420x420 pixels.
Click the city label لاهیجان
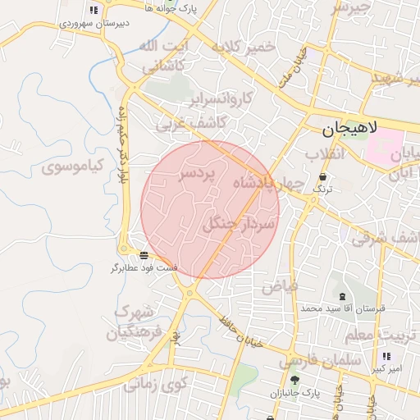pyautogui.click(x=348, y=129)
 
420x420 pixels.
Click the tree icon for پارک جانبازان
pyautogui.click(x=294, y=379)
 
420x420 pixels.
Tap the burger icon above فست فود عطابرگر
pyautogui.click(x=144, y=255)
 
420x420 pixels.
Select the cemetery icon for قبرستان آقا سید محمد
pyautogui.click(x=341, y=296)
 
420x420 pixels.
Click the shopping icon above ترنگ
pyautogui.click(x=323, y=177)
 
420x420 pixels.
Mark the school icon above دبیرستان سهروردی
pyautogui.click(x=94, y=11)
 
